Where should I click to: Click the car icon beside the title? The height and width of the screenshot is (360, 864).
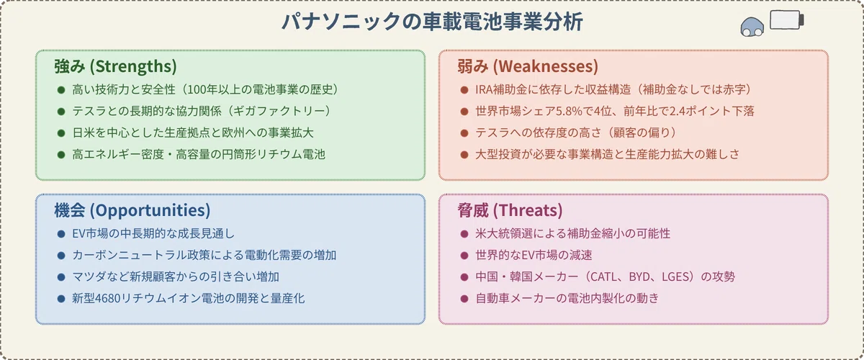752,27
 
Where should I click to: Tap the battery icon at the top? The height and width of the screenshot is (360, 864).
787,19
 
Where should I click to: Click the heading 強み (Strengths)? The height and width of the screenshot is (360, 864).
115,66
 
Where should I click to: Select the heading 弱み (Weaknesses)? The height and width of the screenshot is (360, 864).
528,66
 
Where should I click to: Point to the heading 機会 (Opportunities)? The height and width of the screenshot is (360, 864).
132,210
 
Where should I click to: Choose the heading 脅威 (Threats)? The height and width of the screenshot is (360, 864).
510,210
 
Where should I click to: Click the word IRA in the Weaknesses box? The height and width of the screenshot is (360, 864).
484,89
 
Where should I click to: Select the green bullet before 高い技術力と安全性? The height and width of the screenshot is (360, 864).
61,90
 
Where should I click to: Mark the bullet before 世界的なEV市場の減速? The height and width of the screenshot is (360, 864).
464,256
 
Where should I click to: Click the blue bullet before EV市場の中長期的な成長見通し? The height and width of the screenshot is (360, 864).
61,234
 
